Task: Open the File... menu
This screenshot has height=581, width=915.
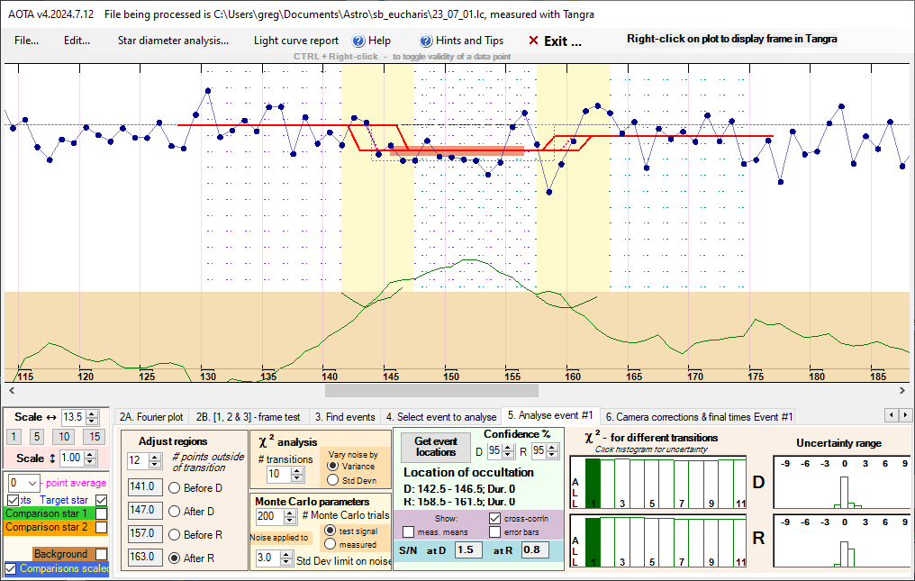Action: point(26,41)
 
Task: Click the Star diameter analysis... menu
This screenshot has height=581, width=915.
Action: point(173,41)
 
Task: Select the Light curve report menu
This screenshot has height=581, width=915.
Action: point(296,41)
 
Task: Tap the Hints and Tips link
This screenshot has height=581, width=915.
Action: point(461,41)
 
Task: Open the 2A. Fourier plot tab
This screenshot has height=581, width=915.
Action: point(151,417)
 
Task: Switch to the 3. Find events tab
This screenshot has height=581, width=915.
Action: point(345,417)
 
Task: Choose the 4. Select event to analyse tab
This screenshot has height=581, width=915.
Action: point(440,417)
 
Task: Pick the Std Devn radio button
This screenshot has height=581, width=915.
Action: point(334,480)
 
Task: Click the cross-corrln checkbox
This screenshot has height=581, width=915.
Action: point(494,518)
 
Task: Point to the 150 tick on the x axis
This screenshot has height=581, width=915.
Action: point(450,376)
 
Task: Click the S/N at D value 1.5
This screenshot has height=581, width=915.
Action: point(465,549)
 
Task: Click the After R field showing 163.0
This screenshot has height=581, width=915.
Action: point(141,557)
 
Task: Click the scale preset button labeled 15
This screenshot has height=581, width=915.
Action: point(93,437)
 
